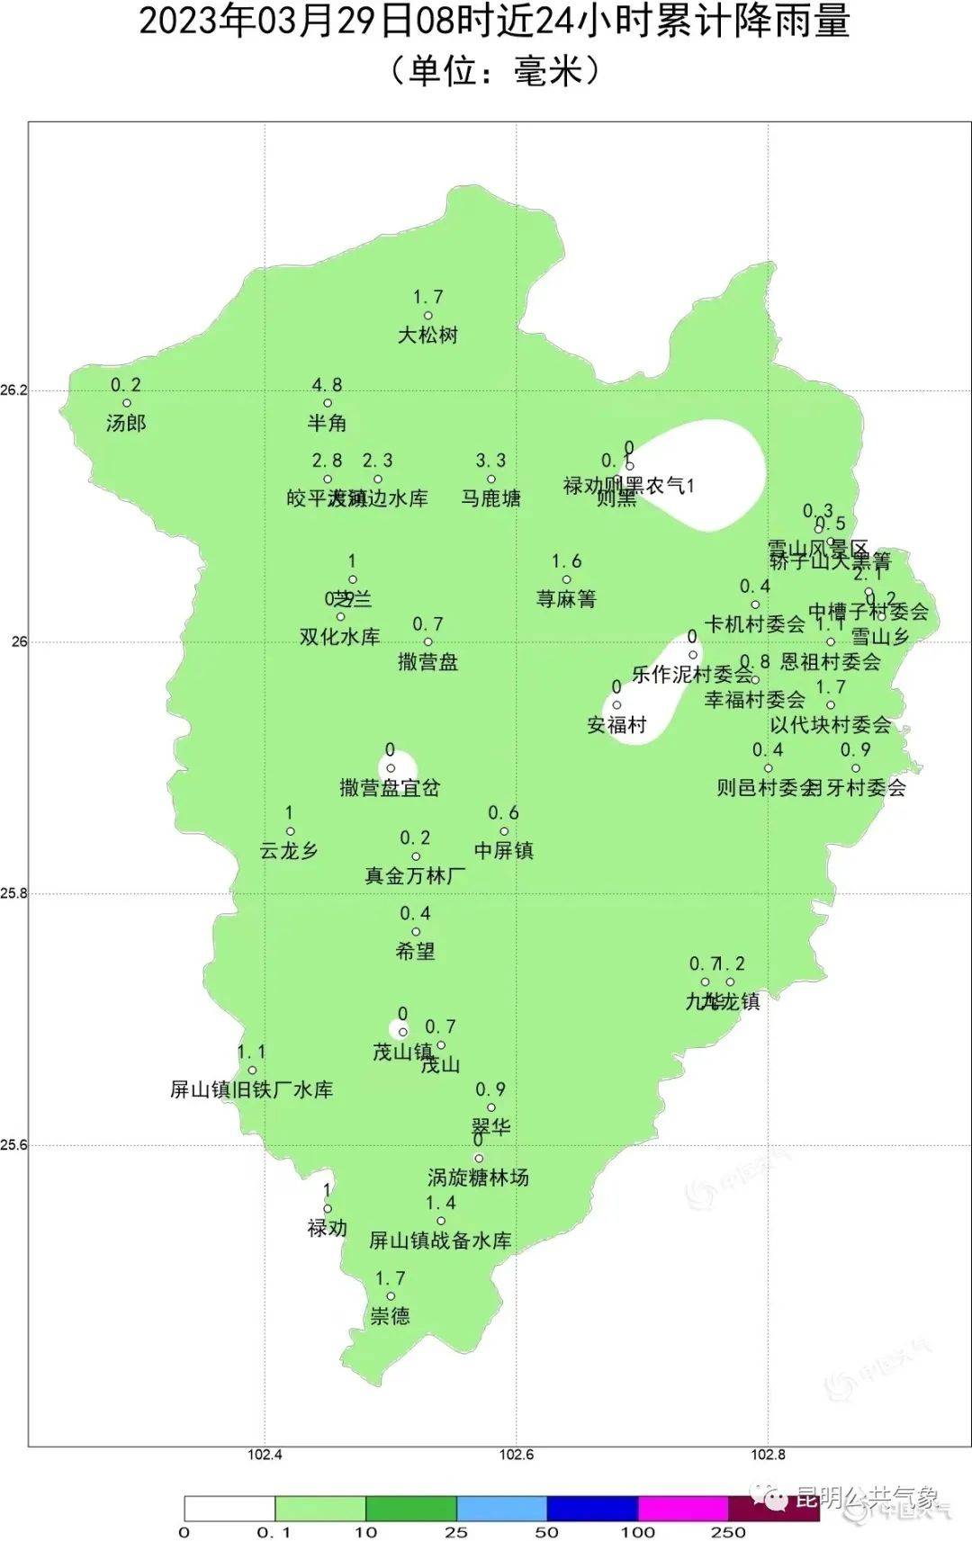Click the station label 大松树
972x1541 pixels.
coord(427,336)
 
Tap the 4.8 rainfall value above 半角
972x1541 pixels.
coord(327,385)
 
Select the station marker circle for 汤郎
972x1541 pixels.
coord(127,403)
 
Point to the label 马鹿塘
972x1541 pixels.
coord(490,498)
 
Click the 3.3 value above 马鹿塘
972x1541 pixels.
coord(490,461)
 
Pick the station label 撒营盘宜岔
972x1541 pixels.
coord(390,788)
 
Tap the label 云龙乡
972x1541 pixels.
coord(289,851)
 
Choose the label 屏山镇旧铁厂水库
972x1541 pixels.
coord(252,1090)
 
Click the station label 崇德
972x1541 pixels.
coord(390,1316)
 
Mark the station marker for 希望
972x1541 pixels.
coord(415,932)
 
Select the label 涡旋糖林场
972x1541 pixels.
coord(478,1178)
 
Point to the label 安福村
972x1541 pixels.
coord(616,725)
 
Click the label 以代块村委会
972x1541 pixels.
coord(830,725)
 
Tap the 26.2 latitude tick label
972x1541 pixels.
coord(14,390)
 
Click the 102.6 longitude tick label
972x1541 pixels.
coord(516,1455)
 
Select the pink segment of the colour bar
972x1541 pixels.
coord(682,1509)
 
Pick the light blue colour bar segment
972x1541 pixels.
coord(501,1509)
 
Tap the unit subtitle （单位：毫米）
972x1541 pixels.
coord(494,70)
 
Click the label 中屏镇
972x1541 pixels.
coord(503,851)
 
